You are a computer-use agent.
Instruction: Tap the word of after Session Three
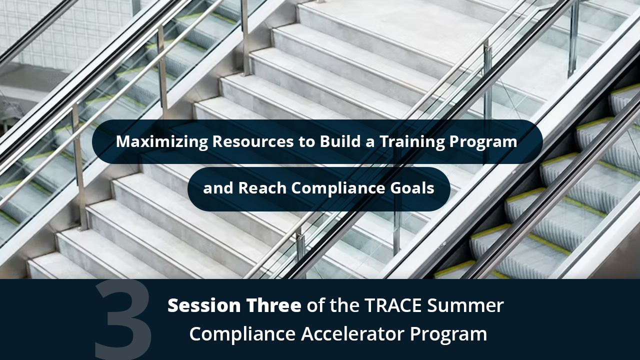pyautogui.click(x=315, y=305)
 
